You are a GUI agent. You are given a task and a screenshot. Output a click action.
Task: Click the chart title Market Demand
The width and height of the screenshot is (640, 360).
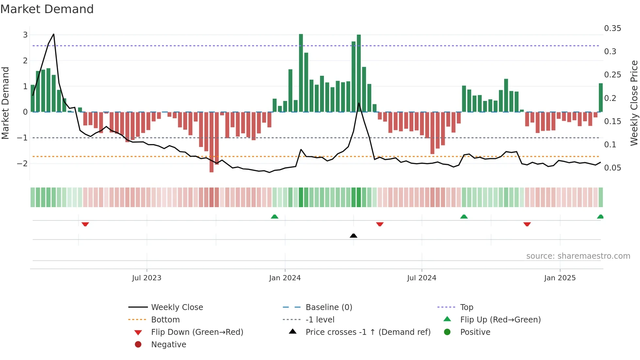(47, 9)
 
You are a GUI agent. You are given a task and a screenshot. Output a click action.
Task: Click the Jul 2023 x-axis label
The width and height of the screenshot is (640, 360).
(147, 278)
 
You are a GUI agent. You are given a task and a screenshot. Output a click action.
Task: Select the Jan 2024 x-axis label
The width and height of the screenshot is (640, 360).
(285, 278)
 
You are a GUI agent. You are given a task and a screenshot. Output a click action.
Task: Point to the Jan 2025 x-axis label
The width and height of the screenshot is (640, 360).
(560, 278)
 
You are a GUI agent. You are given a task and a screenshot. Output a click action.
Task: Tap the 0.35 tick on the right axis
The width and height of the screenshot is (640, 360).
(612, 28)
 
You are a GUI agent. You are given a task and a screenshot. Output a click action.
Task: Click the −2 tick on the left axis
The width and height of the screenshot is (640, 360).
(23, 163)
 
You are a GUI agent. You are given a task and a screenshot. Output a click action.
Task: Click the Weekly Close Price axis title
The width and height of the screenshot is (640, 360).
(634, 103)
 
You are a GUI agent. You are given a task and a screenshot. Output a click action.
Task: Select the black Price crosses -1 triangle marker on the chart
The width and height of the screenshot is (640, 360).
(353, 236)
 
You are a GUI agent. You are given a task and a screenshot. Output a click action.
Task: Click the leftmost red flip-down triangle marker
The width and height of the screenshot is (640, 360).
(85, 224)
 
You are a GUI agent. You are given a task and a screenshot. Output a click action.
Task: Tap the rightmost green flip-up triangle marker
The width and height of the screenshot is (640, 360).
(600, 217)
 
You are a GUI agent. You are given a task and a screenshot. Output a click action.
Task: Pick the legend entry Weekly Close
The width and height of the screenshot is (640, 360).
(177, 307)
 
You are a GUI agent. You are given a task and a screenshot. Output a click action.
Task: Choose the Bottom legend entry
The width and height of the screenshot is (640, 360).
(165, 320)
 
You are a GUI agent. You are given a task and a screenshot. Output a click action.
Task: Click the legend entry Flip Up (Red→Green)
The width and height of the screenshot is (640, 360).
(500, 320)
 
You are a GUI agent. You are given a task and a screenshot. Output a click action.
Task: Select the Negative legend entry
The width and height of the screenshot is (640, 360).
(168, 345)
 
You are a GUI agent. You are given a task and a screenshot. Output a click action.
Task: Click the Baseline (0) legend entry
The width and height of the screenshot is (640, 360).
(328, 307)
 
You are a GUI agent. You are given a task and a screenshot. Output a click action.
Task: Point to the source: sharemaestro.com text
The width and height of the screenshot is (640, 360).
(578, 256)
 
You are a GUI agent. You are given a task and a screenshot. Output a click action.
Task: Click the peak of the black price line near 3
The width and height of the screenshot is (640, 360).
(54, 34)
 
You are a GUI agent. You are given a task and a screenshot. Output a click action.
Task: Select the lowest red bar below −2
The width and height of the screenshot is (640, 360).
(212, 163)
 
